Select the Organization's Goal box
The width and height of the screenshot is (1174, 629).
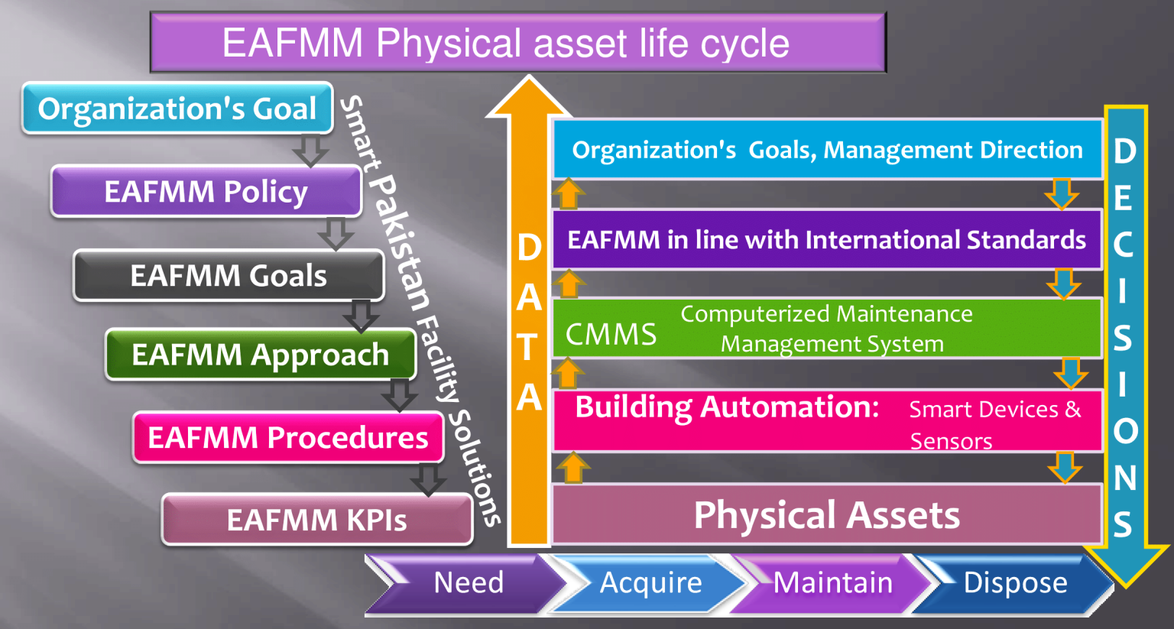[x=177, y=109]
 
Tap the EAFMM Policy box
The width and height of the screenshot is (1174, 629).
[x=206, y=191]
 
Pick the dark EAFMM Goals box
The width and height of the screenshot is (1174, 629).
[x=229, y=275]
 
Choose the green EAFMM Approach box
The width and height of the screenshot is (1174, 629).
[x=260, y=355]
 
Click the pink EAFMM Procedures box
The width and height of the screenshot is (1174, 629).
[x=287, y=437]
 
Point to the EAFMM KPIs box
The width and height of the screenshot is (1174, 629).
[x=316, y=520]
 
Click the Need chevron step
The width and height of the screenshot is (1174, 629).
[x=468, y=583]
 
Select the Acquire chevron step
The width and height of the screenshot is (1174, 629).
[x=650, y=583]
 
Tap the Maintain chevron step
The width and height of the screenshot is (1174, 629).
[x=832, y=583]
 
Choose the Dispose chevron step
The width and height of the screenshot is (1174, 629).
[x=1015, y=583]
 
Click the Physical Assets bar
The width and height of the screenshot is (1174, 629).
[x=826, y=515]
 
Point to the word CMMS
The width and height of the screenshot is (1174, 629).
[x=611, y=335]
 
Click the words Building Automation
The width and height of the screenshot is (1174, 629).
[x=727, y=407]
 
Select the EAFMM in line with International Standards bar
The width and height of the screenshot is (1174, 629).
[x=826, y=240]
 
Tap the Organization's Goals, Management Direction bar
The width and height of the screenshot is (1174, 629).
[x=827, y=150]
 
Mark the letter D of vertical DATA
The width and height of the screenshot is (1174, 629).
[x=529, y=248]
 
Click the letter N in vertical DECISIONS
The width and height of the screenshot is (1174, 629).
[x=1124, y=478]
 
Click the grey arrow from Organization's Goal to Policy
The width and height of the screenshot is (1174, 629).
[x=310, y=150]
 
